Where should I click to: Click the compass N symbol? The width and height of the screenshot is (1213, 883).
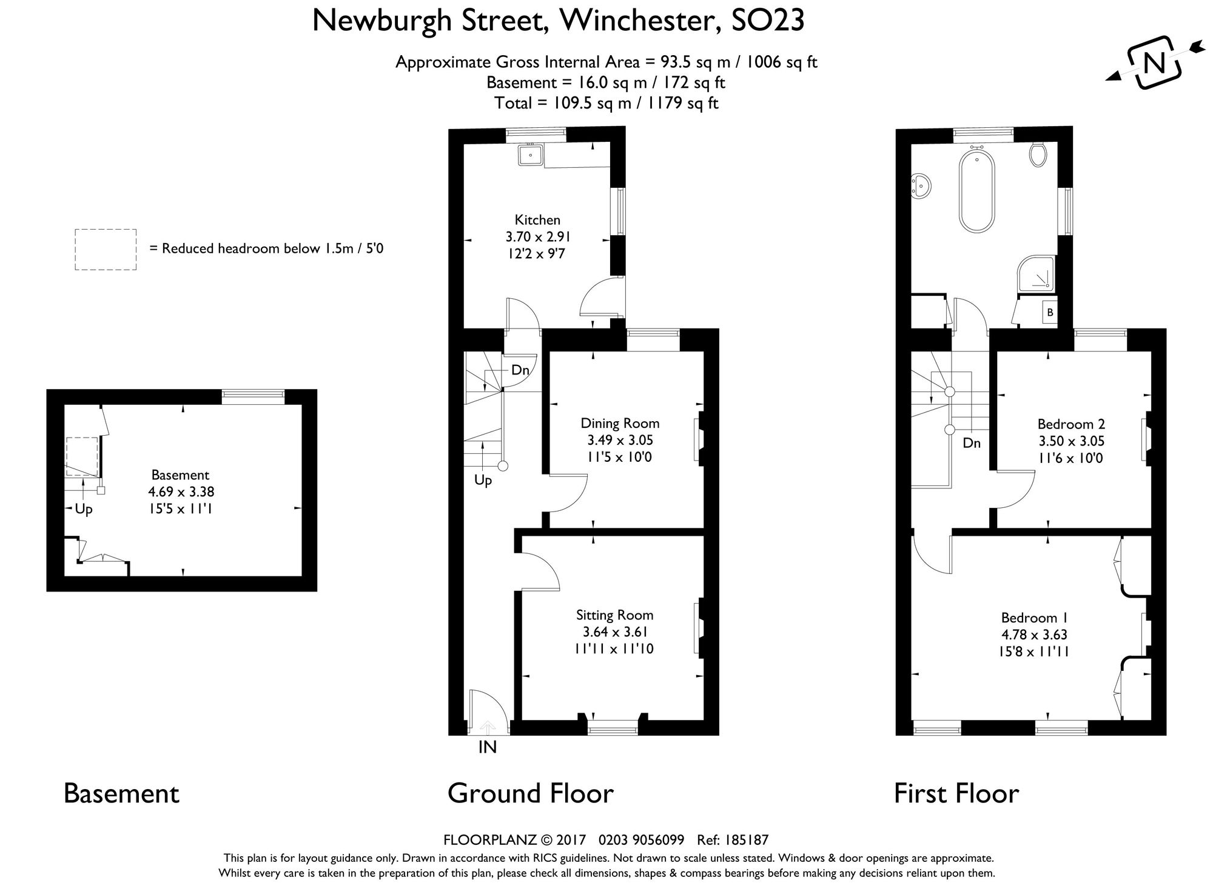pos(1154,63)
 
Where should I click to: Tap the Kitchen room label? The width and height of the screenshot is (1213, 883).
pos(537,220)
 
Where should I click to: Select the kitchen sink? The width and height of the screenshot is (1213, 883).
pos(531,155)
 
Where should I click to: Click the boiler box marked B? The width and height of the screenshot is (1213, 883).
pos(1050,313)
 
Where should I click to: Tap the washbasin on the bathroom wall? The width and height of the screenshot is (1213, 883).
pos(922,184)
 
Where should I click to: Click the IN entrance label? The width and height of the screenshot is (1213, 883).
pos(487,747)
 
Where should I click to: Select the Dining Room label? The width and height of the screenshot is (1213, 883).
pos(620,423)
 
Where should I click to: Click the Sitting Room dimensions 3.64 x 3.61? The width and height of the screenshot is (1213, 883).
pos(614,632)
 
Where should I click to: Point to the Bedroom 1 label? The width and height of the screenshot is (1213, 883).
pos(1034,618)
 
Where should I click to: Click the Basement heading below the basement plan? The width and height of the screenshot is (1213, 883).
pos(121,793)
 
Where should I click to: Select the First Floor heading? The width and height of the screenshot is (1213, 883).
pos(956,793)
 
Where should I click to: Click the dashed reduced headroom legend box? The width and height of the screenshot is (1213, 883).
pos(106,249)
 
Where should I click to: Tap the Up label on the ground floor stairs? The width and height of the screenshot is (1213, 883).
pos(483,481)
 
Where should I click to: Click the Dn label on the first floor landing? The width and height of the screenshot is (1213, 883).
pos(972,443)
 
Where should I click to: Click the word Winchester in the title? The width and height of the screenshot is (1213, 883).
pos(641,21)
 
